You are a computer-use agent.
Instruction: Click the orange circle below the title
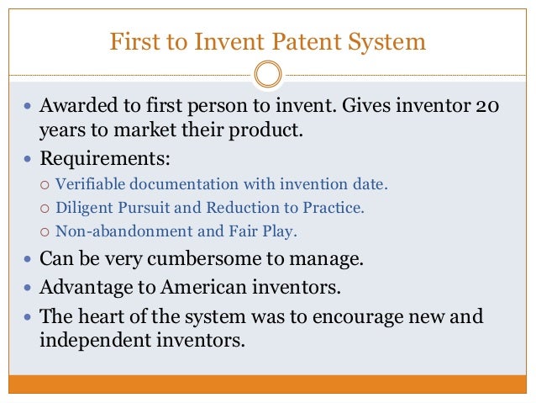pos(267,73)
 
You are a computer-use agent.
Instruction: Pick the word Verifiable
pos(87,184)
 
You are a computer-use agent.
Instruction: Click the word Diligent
pos(82,207)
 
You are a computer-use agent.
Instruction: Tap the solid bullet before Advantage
pos(28,289)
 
